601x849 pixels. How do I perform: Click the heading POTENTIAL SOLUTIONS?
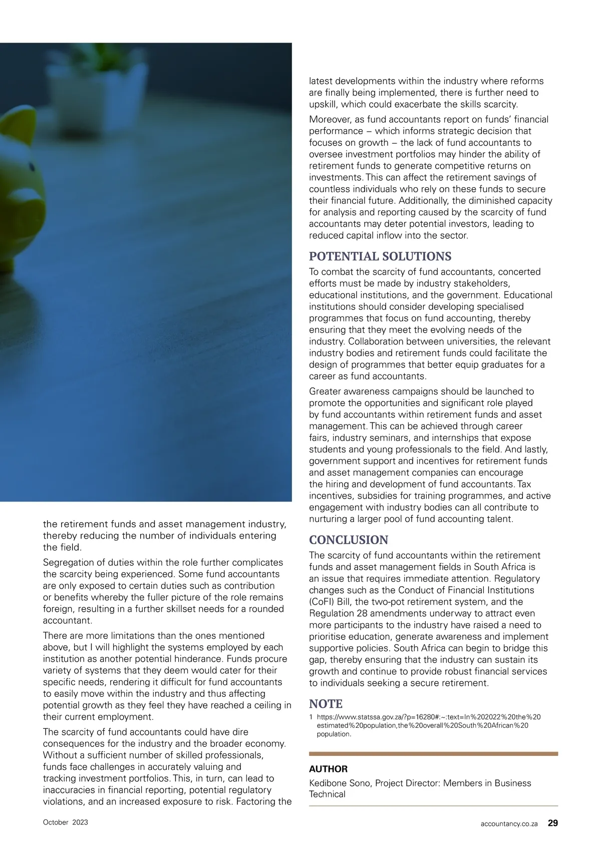(x=380, y=257)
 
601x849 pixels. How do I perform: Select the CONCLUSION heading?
(x=349, y=540)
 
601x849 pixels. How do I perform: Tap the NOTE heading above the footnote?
(x=326, y=704)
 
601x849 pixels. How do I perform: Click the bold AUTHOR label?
(x=328, y=769)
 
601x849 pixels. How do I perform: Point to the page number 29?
(x=552, y=823)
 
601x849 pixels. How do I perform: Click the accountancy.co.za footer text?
(x=508, y=823)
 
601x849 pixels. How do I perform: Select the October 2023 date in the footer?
(x=66, y=822)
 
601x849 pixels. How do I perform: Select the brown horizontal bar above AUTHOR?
(x=433, y=753)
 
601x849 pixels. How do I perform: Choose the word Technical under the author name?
(x=327, y=794)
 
